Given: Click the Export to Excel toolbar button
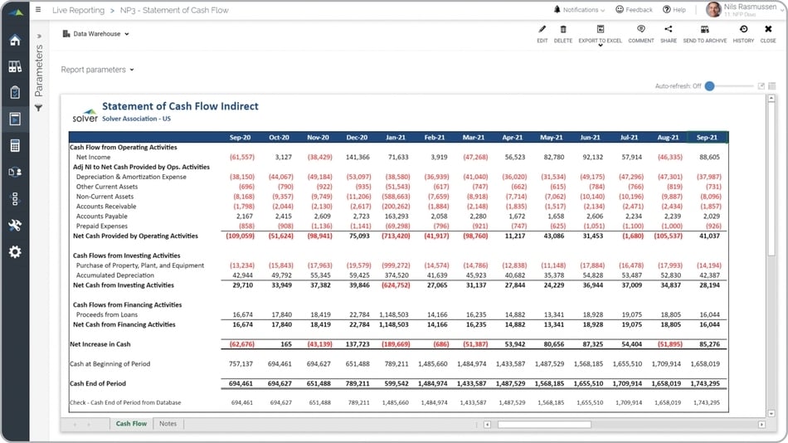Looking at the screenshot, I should [x=600, y=33].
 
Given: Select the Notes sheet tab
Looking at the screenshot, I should [x=168, y=423].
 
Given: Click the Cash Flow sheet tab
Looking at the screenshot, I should [x=131, y=423].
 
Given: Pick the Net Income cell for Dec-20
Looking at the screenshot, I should [x=358, y=157].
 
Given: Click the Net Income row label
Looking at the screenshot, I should [x=93, y=157].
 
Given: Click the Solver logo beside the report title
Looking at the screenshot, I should [x=85, y=114].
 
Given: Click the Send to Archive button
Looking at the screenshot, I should [x=704, y=33].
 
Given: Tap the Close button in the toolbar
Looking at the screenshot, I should [x=768, y=33].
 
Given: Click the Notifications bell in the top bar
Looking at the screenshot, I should [x=576, y=10].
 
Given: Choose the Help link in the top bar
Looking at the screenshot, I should [x=674, y=10].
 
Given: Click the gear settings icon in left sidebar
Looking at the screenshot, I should [x=15, y=251].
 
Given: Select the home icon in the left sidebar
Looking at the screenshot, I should [x=15, y=41].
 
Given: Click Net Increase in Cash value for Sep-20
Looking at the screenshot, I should [x=242, y=343].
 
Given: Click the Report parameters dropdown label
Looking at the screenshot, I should [x=97, y=70].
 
